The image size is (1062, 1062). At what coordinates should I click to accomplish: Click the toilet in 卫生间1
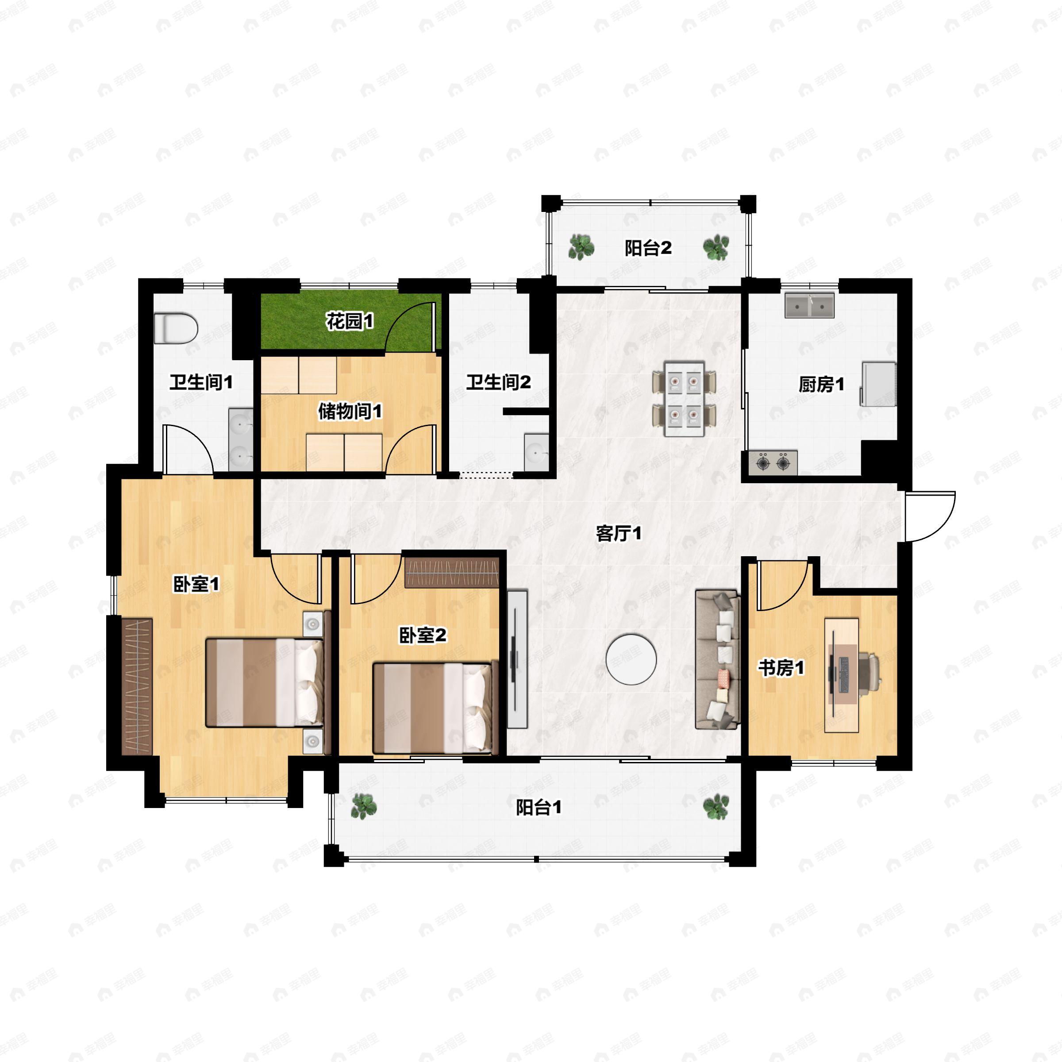(x=176, y=328)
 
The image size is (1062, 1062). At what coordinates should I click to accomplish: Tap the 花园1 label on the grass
(x=350, y=321)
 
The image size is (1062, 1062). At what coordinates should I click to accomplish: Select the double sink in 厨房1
(x=809, y=305)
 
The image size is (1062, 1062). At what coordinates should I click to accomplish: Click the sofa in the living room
(x=717, y=660)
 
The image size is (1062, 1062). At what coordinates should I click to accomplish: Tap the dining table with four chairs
(x=685, y=399)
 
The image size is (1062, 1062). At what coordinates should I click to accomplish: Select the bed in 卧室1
(x=264, y=682)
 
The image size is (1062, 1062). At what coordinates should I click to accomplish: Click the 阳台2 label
(x=648, y=248)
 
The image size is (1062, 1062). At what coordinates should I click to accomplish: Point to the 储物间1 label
(x=350, y=411)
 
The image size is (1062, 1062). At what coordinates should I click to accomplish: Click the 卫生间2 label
(x=499, y=382)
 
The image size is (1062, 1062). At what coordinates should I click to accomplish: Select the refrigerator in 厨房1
(x=878, y=384)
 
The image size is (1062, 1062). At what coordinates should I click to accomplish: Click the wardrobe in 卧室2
(x=452, y=573)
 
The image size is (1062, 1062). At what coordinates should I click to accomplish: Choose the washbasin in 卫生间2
(x=536, y=452)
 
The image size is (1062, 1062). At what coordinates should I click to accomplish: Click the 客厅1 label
(x=619, y=533)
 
